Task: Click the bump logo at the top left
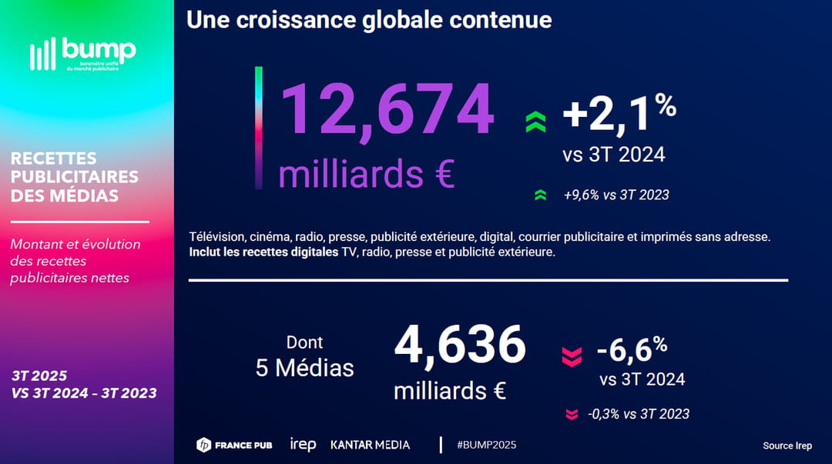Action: [x=82, y=54]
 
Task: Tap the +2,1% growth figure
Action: [x=619, y=113]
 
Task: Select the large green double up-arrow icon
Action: [x=535, y=122]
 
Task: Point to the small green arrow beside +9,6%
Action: [x=540, y=195]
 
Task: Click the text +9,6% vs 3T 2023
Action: [x=616, y=195]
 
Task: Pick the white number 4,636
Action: [x=460, y=345]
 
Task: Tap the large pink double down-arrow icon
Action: [x=571, y=356]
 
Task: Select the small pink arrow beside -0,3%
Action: [x=571, y=415]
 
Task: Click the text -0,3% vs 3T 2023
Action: [x=638, y=414]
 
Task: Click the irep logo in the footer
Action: [x=303, y=445]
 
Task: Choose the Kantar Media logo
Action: [x=370, y=445]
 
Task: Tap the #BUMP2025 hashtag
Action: [x=486, y=445]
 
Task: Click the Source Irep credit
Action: [x=787, y=446]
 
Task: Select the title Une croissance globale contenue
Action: [x=369, y=19]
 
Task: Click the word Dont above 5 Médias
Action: [x=304, y=342]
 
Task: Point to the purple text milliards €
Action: [x=366, y=174]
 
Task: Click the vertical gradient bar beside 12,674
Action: [x=259, y=128]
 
